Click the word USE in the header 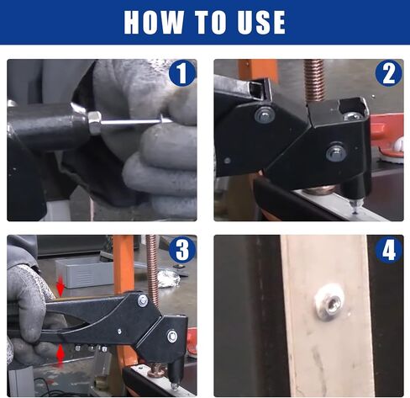click(x=261, y=22)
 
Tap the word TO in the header click(x=210, y=22)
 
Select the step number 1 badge click(x=182, y=73)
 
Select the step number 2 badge click(x=389, y=73)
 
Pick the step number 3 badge click(x=182, y=249)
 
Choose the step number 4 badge click(x=389, y=249)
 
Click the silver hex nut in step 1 click(x=94, y=123)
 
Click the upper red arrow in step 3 click(x=60, y=289)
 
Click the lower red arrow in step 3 click(x=60, y=355)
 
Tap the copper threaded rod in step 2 click(x=315, y=82)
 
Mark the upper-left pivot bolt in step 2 click(x=265, y=115)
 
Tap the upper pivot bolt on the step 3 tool click(x=143, y=301)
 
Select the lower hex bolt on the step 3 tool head click(x=172, y=337)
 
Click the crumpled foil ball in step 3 click(x=168, y=278)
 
